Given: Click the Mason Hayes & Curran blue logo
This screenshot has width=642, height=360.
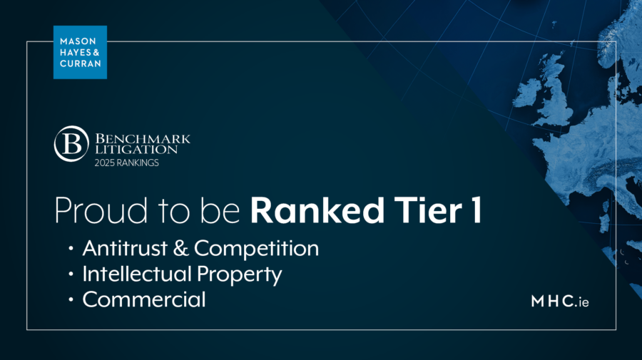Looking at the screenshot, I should [x=80, y=52].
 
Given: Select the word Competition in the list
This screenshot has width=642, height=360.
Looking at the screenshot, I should [x=256, y=250].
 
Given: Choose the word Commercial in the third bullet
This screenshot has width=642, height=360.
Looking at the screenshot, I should [x=144, y=299].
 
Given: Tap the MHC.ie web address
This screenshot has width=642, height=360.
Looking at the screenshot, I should [x=560, y=302].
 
